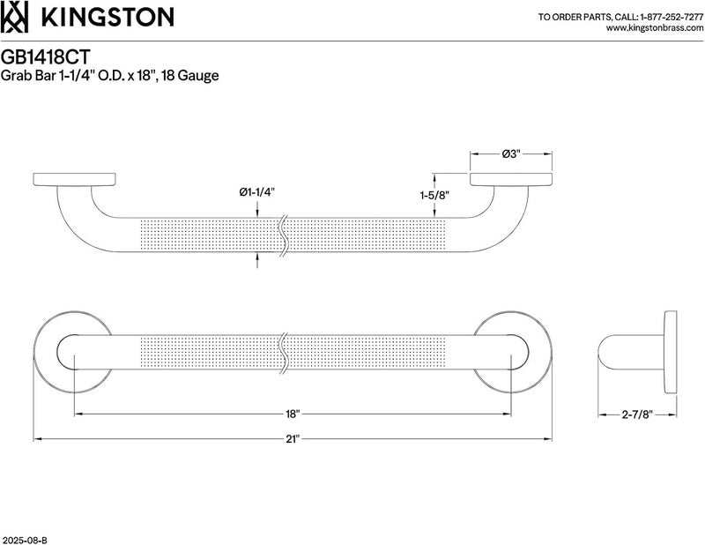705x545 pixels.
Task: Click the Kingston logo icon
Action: pyautogui.click(x=14, y=17)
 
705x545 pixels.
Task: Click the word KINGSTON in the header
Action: pyautogui.click(x=108, y=17)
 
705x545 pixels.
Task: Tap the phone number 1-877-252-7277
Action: pyautogui.click(x=672, y=17)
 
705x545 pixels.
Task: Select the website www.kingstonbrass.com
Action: pyautogui.click(x=655, y=28)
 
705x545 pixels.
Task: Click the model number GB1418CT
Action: pyautogui.click(x=46, y=57)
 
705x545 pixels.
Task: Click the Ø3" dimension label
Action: pyautogui.click(x=511, y=154)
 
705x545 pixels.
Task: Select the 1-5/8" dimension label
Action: pyautogui.click(x=434, y=195)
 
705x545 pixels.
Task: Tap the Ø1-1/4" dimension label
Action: pyautogui.click(x=256, y=192)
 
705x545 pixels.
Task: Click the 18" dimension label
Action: pyautogui.click(x=293, y=414)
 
